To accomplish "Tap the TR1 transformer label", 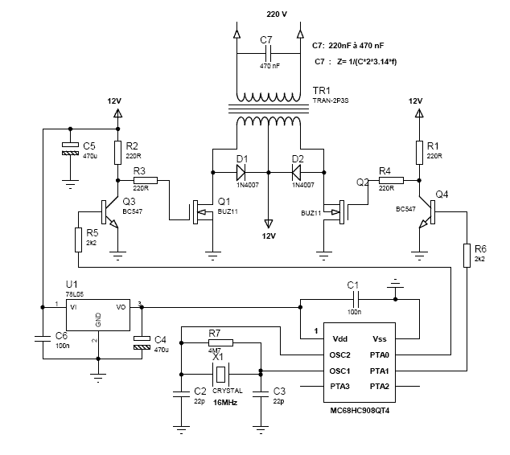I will coord(323,92).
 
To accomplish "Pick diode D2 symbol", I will coord(298,171).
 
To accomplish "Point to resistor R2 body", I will coord(118,152).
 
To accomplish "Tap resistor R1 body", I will coord(419,152).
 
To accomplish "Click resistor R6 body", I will coord(467,254).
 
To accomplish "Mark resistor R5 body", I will coord(78,239).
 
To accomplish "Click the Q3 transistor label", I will coord(128,202).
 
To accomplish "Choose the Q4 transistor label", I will coord(442,195).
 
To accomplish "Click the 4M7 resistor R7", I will coord(220,342).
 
